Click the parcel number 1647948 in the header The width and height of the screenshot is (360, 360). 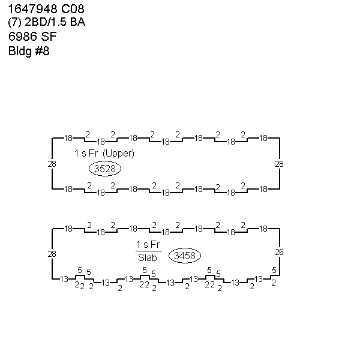click(32, 9)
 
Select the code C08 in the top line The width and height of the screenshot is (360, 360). click(73, 9)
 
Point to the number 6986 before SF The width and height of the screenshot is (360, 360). click(23, 37)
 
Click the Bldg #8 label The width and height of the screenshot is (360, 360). click(29, 51)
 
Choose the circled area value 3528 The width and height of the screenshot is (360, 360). click(105, 169)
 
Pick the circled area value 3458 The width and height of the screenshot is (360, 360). click(185, 256)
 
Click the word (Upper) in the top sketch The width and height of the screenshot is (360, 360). click(118, 154)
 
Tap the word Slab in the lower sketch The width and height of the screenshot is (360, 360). click(148, 257)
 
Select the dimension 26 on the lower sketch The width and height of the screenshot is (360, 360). click(279, 253)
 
